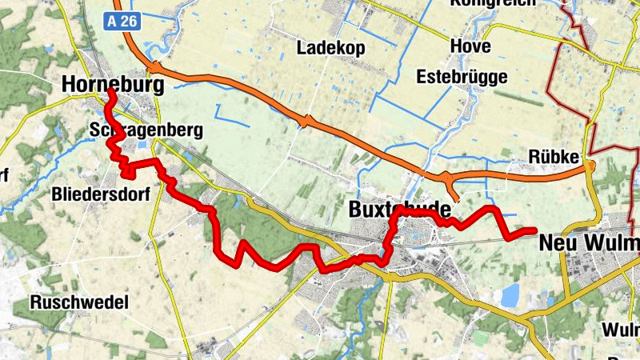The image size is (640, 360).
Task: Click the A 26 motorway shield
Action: pyautogui.click(x=122, y=21)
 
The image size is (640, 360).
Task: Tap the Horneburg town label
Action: pyautogui.click(x=113, y=85)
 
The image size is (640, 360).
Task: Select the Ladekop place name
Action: pyautogui.click(x=330, y=48)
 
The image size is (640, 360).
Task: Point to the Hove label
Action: pyautogui.click(x=470, y=46)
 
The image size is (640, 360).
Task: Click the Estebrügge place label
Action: pyautogui.click(x=462, y=77)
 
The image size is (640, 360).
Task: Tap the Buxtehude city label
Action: pyautogui.click(x=400, y=210)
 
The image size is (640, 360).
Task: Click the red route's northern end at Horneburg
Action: pyautogui.click(x=110, y=94)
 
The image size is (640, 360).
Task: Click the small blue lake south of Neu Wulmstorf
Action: pyautogui.click(x=508, y=295)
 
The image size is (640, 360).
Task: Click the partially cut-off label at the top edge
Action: pyautogui.click(x=491, y=4)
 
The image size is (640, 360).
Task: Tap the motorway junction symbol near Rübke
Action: pyautogui.click(x=590, y=166)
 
